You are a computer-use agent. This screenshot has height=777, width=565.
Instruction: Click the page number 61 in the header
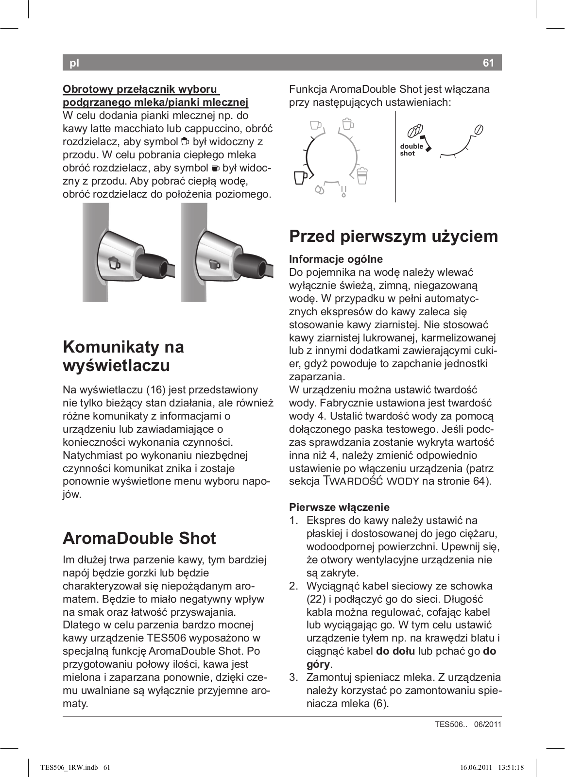[x=488, y=63]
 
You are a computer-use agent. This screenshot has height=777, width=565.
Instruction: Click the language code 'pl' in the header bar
[x=74, y=63]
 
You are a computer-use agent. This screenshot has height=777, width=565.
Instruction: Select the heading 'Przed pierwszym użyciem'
[x=394, y=236]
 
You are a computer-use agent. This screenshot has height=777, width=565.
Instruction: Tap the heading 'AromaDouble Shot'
[x=139, y=538]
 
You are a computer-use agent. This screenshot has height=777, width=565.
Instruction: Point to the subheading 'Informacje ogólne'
[x=336, y=259]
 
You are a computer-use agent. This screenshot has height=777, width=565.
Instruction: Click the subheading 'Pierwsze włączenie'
[x=339, y=507]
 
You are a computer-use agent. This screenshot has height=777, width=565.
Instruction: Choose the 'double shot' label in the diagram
[x=411, y=150]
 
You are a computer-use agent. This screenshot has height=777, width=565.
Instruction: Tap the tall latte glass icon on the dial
[x=362, y=176]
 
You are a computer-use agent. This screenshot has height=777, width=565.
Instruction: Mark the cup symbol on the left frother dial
[x=115, y=263]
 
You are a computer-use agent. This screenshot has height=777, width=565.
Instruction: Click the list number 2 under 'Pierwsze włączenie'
[x=293, y=586]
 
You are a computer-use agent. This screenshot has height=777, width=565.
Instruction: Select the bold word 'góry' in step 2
[x=318, y=664]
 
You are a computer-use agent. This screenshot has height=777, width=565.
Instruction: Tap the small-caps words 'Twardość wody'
[x=371, y=482]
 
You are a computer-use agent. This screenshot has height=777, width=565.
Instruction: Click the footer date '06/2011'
[x=487, y=725]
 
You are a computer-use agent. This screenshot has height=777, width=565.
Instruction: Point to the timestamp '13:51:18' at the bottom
[x=511, y=768]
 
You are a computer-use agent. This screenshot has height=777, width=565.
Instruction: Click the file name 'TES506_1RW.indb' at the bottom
[x=69, y=768]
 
